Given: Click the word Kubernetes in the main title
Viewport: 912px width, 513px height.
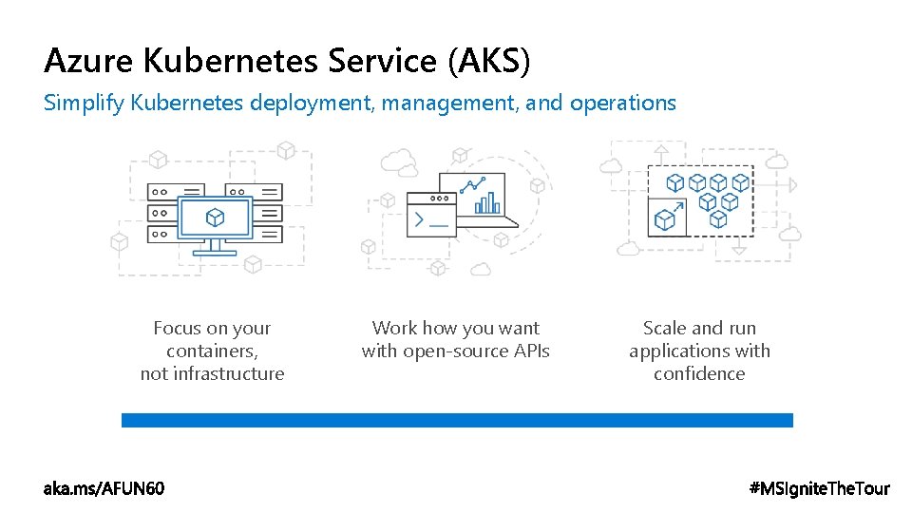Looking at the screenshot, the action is (x=232, y=62).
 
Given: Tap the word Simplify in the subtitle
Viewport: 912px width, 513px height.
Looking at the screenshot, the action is (x=83, y=103).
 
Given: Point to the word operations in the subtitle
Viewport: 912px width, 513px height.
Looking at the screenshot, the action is (x=623, y=103).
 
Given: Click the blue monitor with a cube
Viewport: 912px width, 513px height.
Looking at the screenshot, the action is (x=216, y=220).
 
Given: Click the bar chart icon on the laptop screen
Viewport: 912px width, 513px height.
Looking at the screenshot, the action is (x=487, y=202).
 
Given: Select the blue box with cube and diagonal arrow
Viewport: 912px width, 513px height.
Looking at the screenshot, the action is (x=667, y=216).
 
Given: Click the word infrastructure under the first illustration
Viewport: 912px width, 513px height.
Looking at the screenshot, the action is (x=212, y=374).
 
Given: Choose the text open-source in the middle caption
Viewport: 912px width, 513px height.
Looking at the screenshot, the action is (x=449, y=351).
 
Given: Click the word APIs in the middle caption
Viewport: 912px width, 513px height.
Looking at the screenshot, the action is (x=529, y=351).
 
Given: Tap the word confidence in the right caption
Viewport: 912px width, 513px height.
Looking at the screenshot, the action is (x=699, y=374).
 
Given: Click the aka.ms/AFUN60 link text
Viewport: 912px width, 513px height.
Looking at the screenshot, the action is (x=104, y=489).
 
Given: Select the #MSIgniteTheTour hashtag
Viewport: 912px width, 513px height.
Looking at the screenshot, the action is (x=820, y=489).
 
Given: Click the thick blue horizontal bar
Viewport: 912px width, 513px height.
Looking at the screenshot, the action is (x=457, y=420).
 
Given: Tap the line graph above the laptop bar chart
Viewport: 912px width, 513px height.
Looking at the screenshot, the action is (x=473, y=183).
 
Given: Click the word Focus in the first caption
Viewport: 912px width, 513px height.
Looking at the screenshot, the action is (x=177, y=329).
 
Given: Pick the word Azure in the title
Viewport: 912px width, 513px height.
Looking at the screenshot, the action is (x=90, y=62).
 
